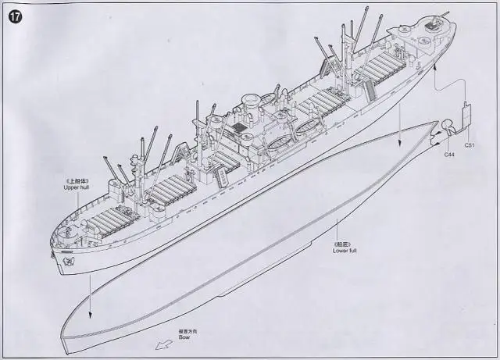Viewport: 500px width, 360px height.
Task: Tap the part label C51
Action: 470,145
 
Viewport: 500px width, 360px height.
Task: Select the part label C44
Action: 449,155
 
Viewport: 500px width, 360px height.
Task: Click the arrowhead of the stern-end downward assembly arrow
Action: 399,141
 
